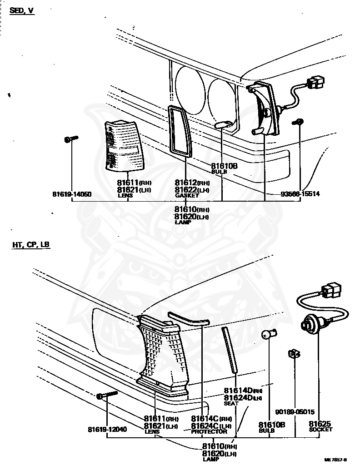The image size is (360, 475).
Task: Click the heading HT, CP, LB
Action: point(31,245)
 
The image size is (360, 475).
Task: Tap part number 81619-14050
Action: point(72,194)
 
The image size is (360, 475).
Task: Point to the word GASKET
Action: point(187,196)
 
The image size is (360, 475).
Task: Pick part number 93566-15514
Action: point(300,194)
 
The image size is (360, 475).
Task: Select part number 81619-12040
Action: point(107,429)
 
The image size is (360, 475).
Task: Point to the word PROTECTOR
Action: point(209,432)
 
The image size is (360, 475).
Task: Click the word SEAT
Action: point(231,403)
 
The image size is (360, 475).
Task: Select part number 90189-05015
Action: point(295,412)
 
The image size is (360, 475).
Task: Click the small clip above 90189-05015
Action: point(293,355)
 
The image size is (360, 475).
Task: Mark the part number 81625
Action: point(320,423)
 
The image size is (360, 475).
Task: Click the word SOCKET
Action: point(320,429)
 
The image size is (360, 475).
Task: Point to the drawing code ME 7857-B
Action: point(335,460)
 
